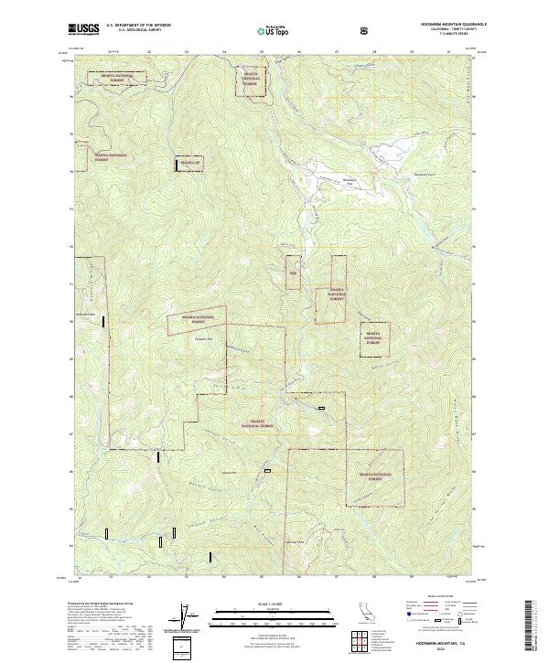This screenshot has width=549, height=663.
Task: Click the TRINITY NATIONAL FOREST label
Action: tap(257, 425)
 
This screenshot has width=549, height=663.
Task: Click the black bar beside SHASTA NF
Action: tap(177, 165)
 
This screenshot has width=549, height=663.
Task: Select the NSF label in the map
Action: tap(294, 273)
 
